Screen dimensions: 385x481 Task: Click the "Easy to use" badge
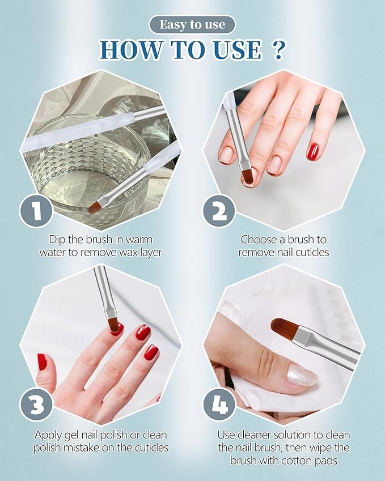click(192, 24)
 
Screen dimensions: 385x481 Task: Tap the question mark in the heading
click(278, 49)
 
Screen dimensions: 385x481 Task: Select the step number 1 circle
click(36, 211)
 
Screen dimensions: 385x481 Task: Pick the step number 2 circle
click(219, 211)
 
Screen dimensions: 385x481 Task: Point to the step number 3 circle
click(36, 405)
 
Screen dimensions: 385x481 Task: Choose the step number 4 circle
click(219, 405)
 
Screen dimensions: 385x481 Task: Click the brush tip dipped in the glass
click(95, 208)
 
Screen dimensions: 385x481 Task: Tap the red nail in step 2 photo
click(313, 151)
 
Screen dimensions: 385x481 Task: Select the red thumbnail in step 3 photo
click(42, 361)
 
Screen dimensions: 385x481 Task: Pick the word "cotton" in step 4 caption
click(297, 461)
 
